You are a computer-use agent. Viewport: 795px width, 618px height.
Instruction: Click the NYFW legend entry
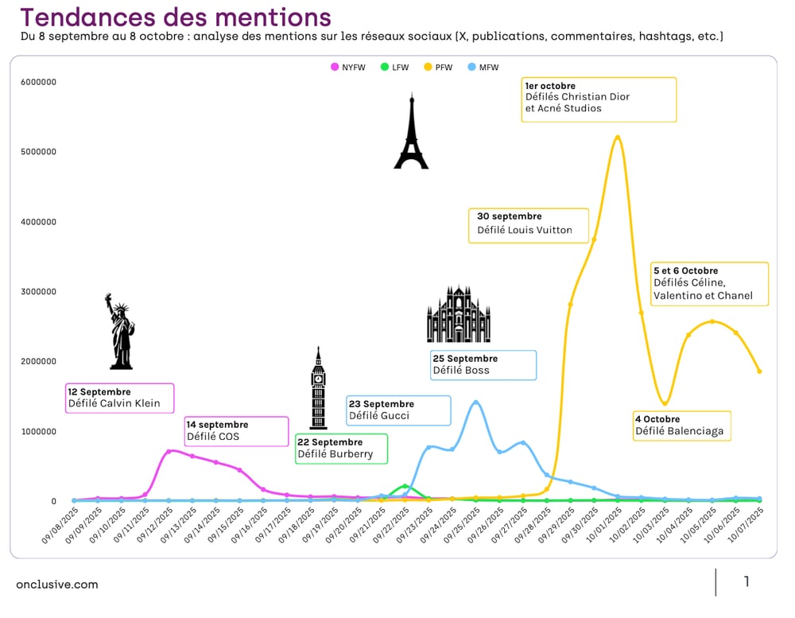pyautogui.click(x=347, y=68)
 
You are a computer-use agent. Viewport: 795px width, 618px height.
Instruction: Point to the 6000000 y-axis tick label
pyautogui.click(x=38, y=82)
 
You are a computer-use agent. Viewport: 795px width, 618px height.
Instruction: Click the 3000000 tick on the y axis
pyautogui.click(x=38, y=292)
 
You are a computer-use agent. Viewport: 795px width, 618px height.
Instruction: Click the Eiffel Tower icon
pyautogui.click(x=411, y=132)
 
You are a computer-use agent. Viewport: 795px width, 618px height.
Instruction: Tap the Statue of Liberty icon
pyautogui.click(x=121, y=332)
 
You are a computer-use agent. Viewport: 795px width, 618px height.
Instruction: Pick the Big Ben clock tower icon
pyautogui.click(x=318, y=388)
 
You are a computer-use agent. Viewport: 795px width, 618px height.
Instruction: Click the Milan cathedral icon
pyautogui.click(x=459, y=314)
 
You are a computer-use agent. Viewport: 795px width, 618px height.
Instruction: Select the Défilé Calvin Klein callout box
pyautogui.click(x=120, y=398)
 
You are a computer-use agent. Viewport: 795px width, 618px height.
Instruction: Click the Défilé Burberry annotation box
pyautogui.click(x=341, y=449)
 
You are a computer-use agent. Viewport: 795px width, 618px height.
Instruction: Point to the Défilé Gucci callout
pyautogui.click(x=398, y=410)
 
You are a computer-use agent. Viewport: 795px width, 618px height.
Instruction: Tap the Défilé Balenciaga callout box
pyautogui.click(x=682, y=426)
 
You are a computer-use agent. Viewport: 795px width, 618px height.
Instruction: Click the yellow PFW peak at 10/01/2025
pyautogui.click(x=618, y=137)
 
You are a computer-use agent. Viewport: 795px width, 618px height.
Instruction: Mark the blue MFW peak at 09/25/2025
pyautogui.click(x=475, y=402)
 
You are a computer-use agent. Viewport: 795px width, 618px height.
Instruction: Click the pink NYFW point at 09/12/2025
pyautogui.click(x=169, y=451)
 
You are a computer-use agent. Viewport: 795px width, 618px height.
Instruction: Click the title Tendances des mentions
pyautogui.click(x=175, y=17)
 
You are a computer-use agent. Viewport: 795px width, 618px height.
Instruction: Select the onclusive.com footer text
pyautogui.click(x=57, y=585)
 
